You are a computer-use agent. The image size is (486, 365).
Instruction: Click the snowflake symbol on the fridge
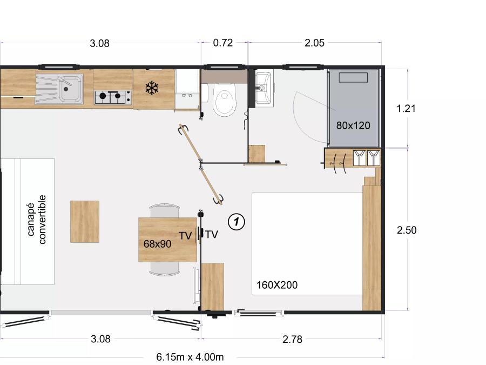click(152, 88)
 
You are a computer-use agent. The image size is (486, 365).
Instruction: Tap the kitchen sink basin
click(70, 89)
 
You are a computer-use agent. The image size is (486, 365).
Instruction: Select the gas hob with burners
click(112, 97)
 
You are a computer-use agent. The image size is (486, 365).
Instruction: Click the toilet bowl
click(225, 100)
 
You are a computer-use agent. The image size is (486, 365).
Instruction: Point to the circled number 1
click(237, 222)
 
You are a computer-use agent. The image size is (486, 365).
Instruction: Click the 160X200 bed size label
click(277, 285)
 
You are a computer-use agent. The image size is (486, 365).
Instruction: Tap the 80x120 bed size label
click(353, 125)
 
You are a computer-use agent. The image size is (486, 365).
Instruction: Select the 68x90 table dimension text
click(157, 244)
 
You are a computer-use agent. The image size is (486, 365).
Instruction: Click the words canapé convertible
click(36, 219)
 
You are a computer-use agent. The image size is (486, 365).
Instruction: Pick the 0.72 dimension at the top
click(223, 43)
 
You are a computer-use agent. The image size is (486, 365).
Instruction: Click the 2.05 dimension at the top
click(314, 43)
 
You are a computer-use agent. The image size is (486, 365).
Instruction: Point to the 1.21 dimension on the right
click(406, 109)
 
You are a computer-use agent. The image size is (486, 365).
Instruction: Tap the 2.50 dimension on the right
click(407, 230)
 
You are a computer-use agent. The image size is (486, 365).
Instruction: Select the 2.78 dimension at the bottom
click(292, 339)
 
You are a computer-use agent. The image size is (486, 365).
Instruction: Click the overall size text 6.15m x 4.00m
click(190, 357)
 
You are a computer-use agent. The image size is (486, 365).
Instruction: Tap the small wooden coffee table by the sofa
click(85, 221)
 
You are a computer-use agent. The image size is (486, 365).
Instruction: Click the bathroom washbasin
click(264, 88)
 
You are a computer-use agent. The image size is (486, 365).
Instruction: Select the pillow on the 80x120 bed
click(353, 77)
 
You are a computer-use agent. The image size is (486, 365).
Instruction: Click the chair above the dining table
click(164, 210)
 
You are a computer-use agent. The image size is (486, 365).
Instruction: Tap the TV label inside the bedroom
click(212, 235)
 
